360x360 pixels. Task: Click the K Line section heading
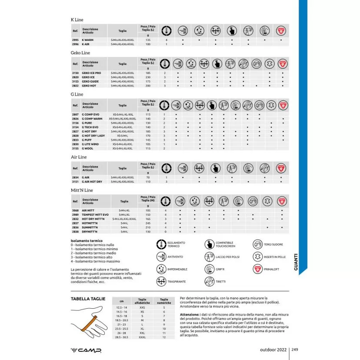pyautogui.click(x=77, y=20)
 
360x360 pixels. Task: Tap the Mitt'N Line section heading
pyautogui.click(x=82, y=190)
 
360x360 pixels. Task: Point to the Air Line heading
pyautogui.click(x=79, y=157)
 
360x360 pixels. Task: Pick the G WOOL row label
pyautogui.click(x=87, y=148)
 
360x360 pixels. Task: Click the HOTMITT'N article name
pyautogui.click(x=90, y=223)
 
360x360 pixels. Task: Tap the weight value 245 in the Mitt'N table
pyautogui.click(x=148, y=223)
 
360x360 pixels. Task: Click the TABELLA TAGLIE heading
pyautogui.click(x=86, y=299)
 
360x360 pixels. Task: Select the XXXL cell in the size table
pyautogui.click(x=142, y=337)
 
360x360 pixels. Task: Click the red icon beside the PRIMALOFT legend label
pyautogui.click(x=257, y=269)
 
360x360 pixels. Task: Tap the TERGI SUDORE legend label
pyautogui.click(x=273, y=245)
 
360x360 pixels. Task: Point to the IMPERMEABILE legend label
pyautogui.click(x=177, y=270)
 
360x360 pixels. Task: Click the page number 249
pyautogui.click(x=294, y=349)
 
